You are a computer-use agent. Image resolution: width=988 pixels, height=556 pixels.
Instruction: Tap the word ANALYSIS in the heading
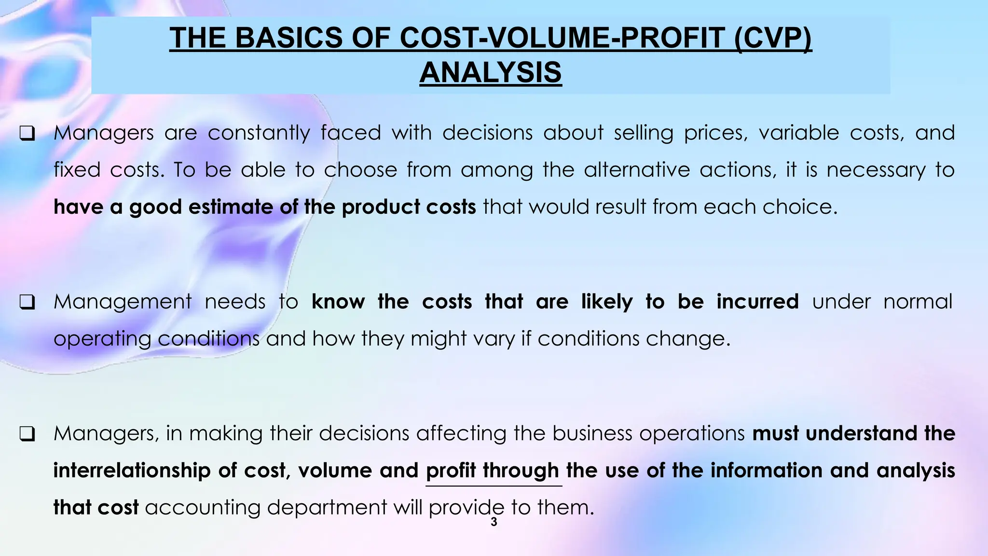(x=491, y=72)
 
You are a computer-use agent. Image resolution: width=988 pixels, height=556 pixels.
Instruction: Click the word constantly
(x=259, y=133)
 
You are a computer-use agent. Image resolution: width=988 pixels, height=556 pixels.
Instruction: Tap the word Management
(x=123, y=302)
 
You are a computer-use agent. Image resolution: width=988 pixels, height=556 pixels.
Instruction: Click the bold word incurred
(x=757, y=302)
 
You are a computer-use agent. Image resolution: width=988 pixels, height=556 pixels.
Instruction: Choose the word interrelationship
(x=132, y=471)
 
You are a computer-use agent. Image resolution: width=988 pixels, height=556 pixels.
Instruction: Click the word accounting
(x=202, y=508)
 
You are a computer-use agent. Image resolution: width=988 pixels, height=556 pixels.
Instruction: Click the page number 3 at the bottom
(x=494, y=522)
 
